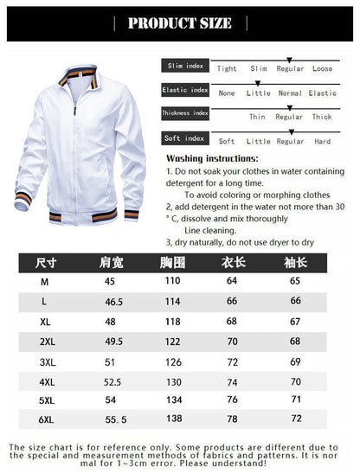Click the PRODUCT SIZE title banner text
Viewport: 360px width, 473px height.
pyautogui.click(x=180, y=23)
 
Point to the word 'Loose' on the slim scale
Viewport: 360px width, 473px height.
pyautogui.click(x=322, y=68)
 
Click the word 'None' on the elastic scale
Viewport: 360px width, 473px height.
pyautogui.click(x=227, y=93)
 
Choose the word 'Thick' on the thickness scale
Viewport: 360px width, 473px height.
pyautogui.click(x=321, y=117)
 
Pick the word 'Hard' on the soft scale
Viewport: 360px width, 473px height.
pyautogui.click(x=322, y=141)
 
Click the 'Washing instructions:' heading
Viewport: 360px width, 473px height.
pyautogui.click(x=211, y=159)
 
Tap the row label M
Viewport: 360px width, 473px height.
pyautogui.click(x=44, y=282)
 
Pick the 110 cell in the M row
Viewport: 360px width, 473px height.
pyautogui.click(x=173, y=282)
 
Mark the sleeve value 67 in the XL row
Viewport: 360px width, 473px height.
pyautogui.click(x=294, y=322)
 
